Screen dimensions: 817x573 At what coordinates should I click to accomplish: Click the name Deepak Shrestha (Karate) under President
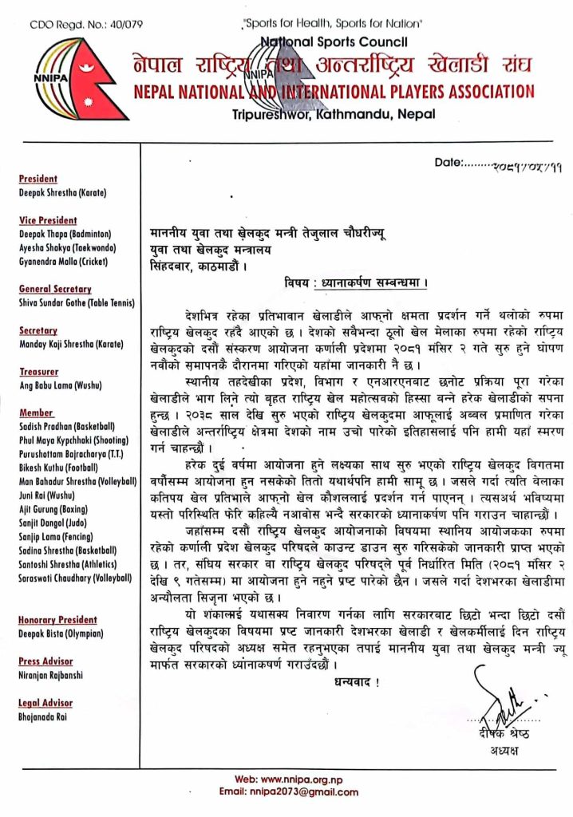(x=63, y=192)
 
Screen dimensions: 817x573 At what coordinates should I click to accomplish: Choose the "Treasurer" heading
(x=38, y=372)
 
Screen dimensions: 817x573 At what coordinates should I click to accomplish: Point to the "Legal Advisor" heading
(x=45, y=703)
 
